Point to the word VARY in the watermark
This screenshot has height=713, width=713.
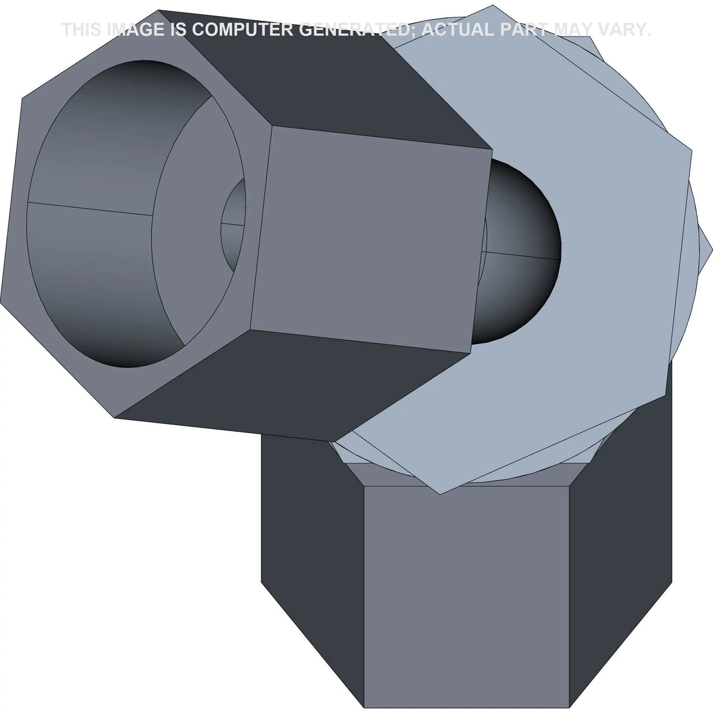619,30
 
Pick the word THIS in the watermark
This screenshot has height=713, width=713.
82,30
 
